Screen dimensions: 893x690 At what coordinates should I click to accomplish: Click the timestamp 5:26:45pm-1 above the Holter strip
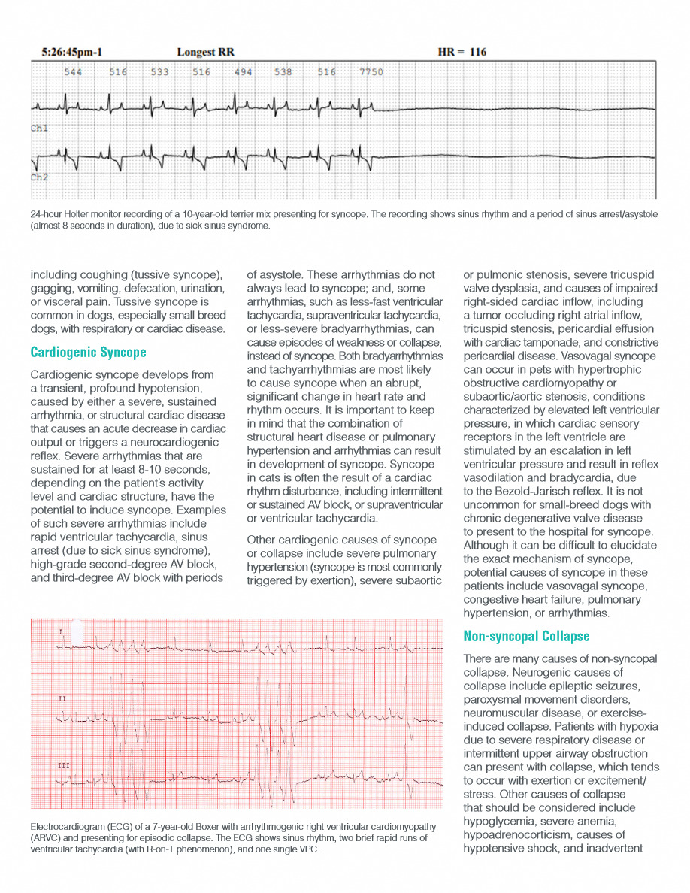(x=72, y=53)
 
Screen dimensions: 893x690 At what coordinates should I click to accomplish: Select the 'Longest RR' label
(x=205, y=53)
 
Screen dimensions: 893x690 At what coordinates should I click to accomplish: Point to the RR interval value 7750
(x=371, y=72)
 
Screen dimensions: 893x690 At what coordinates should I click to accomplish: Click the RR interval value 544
(x=73, y=72)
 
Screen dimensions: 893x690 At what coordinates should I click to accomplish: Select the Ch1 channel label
(x=39, y=129)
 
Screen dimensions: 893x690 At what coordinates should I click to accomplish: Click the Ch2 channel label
(x=39, y=178)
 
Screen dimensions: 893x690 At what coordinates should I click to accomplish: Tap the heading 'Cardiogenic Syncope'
(x=88, y=352)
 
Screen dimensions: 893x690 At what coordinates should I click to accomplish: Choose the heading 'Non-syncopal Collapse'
(x=526, y=637)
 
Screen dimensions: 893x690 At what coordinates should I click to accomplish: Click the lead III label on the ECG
(x=63, y=764)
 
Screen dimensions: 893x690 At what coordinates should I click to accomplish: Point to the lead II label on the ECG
(x=62, y=700)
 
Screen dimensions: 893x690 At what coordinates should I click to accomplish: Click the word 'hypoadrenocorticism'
(x=519, y=835)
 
